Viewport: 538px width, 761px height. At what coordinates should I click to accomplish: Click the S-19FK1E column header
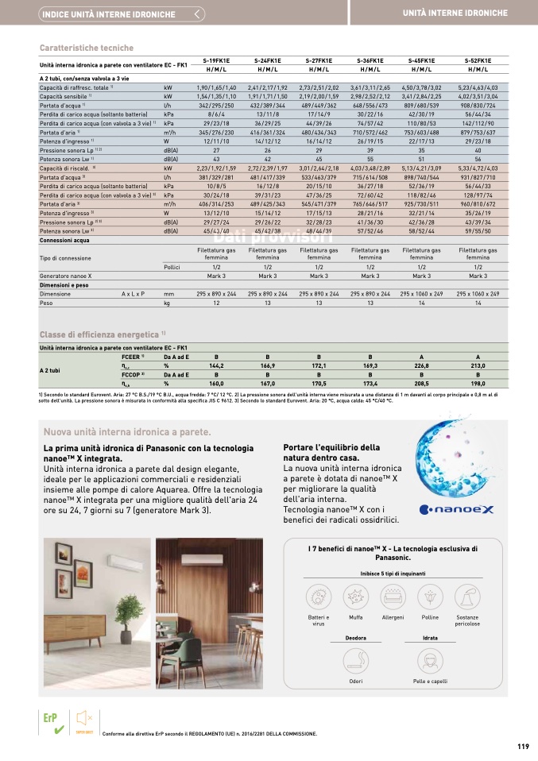(x=216, y=60)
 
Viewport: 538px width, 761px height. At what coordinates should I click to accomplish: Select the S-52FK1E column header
(x=478, y=60)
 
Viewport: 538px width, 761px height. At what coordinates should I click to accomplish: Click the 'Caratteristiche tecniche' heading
(x=87, y=48)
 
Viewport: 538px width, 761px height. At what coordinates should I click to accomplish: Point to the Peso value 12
(x=216, y=303)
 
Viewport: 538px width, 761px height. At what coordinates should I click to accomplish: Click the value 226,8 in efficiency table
(x=421, y=365)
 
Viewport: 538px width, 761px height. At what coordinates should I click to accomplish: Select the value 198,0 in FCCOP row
(x=478, y=383)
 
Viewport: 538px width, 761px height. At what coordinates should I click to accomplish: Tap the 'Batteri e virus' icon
(x=318, y=597)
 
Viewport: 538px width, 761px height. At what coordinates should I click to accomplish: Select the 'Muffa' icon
(x=355, y=597)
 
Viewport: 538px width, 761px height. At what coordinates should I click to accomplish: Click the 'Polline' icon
(x=430, y=597)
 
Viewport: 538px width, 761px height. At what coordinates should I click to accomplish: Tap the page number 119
(x=522, y=746)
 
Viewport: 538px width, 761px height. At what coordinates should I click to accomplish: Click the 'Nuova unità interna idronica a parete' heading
(x=127, y=432)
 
